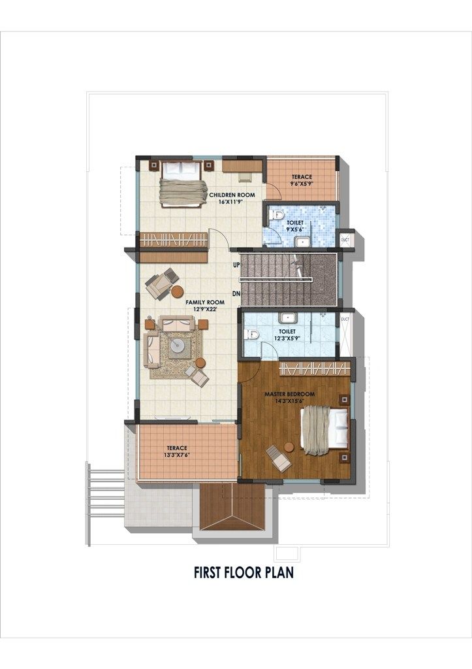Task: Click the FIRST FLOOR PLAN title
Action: [x=244, y=572]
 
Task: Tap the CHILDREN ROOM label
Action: [x=232, y=195]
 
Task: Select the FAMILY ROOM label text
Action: [x=205, y=302]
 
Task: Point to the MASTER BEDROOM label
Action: [x=289, y=394]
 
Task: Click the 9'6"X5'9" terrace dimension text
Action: [x=302, y=184]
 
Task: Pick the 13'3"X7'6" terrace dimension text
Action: [x=177, y=455]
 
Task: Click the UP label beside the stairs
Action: [x=236, y=265]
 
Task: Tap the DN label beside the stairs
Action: [x=236, y=293]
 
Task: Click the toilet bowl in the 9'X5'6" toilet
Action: [x=277, y=216]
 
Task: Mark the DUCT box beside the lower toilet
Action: [x=345, y=335]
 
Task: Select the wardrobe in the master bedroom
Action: [x=315, y=368]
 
